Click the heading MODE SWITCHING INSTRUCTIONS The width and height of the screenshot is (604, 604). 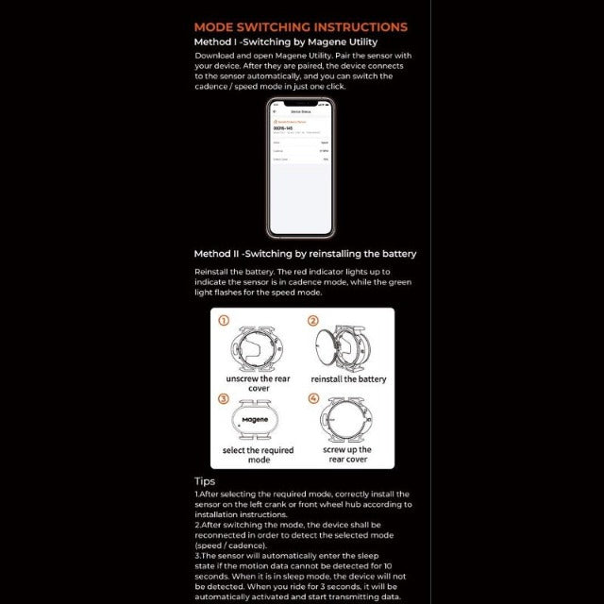[x=300, y=27]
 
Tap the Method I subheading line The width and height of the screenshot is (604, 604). [x=285, y=42]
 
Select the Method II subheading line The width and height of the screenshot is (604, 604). [x=305, y=254]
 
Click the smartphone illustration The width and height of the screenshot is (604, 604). [x=300, y=167]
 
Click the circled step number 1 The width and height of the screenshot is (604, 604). [x=224, y=321]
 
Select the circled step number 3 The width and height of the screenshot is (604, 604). [x=224, y=398]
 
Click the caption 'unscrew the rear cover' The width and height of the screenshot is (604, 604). [x=258, y=383]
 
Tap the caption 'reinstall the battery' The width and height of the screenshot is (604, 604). [x=348, y=379]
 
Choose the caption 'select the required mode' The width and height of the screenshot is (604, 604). [x=258, y=455]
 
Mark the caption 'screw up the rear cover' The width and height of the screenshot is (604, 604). [x=348, y=455]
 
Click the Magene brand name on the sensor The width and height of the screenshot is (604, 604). [x=255, y=419]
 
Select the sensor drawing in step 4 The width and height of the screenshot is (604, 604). [x=348, y=419]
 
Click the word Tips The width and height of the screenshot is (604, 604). [x=205, y=481]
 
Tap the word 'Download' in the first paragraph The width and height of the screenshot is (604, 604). [x=215, y=57]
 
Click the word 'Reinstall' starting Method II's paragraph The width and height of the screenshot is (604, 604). [x=213, y=272]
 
